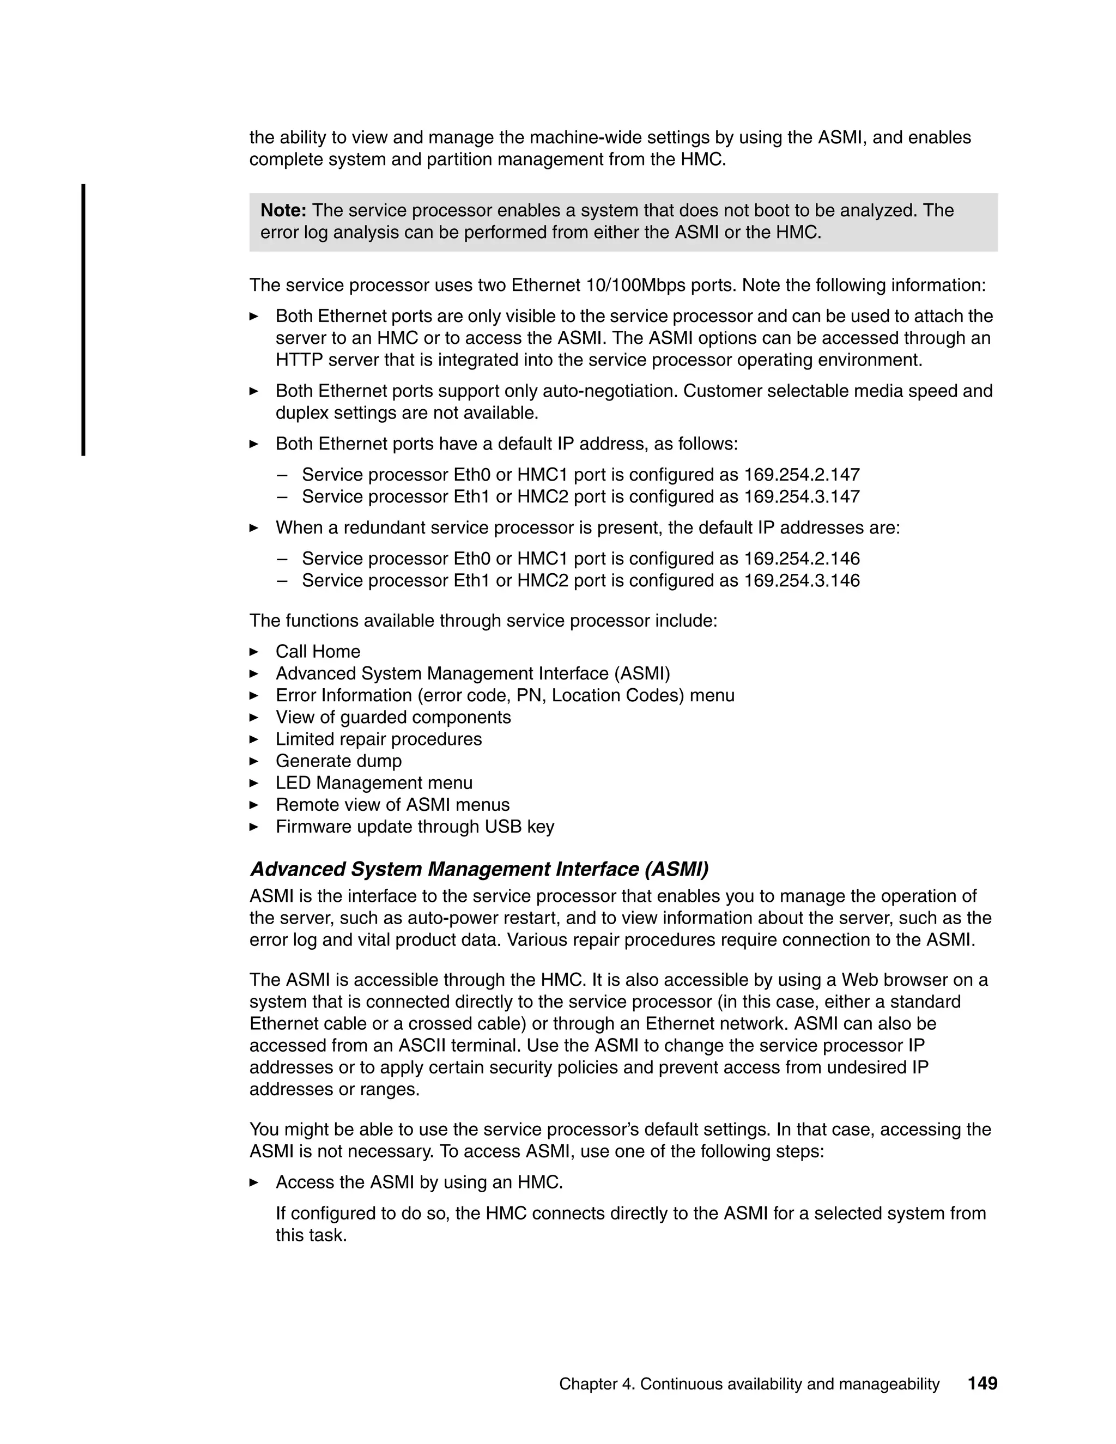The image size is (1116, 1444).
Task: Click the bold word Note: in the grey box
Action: click(x=283, y=211)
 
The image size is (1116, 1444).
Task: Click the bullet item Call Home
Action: click(x=318, y=652)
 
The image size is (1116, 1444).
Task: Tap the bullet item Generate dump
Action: click(x=338, y=761)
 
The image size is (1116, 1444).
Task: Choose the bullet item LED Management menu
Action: click(x=374, y=783)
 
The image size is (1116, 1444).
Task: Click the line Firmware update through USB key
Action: click(x=415, y=827)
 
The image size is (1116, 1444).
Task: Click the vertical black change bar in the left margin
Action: click(x=83, y=320)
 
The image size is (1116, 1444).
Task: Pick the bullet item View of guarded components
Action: click(x=393, y=718)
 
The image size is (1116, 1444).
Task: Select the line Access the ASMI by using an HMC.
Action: click(x=419, y=1182)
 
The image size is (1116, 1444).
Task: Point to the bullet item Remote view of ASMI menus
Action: click(x=393, y=805)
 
